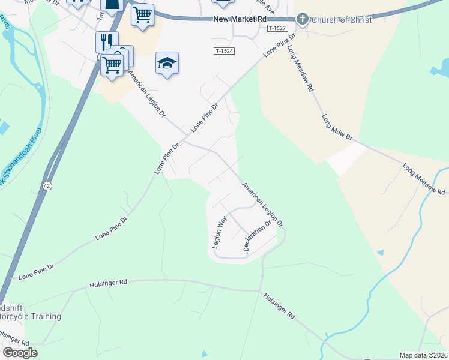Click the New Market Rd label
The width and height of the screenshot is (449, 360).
click(x=240, y=20)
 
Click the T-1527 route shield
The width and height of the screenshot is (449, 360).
click(x=277, y=28)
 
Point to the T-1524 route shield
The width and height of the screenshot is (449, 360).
click(x=224, y=51)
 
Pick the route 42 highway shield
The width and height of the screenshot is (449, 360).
click(x=47, y=187)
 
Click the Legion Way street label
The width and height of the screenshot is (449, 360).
click(x=218, y=232)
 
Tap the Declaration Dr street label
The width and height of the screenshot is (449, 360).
click(x=258, y=236)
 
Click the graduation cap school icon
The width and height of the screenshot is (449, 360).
click(x=167, y=62)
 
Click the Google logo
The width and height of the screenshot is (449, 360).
click(x=20, y=353)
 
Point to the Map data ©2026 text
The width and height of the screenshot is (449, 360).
click(x=423, y=355)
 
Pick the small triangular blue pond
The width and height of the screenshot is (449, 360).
click(x=379, y=253)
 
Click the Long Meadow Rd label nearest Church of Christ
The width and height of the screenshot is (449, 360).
click(x=300, y=68)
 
